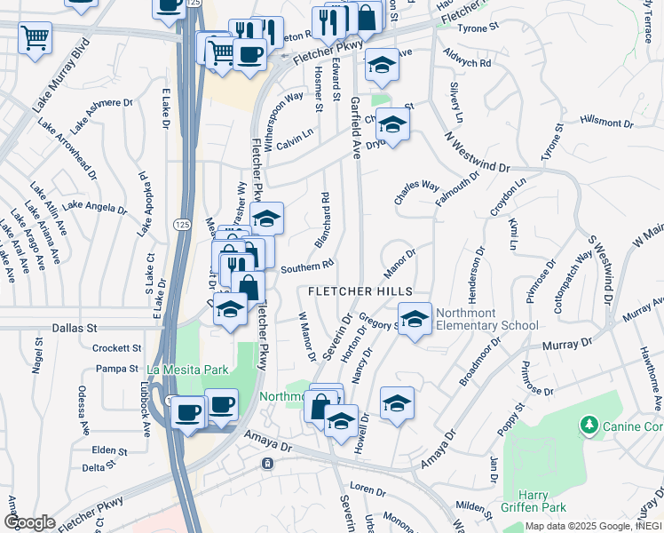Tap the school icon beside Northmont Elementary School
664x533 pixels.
pyautogui.click(x=415, y=319)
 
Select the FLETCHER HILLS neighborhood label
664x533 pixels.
pyautogui.click(x=360, y=291)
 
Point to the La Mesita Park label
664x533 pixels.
pyautogui.click(x=187, y=370)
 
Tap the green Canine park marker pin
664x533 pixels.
pyautogui.click(x=587, y=427)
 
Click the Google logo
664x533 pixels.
pyautogui.click(x=29, y=521)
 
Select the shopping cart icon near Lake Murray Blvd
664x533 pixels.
pyautogui.click(x=35, y=37)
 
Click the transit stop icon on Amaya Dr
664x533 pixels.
pyautogui.click(x=265, y=464)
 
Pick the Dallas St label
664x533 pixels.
pyautogui.click(x=73, y=328)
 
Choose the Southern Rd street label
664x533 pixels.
pyautogui.click(x=306, y=266)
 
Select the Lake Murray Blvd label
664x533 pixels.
pyautogui.click(x=63, y=78)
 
